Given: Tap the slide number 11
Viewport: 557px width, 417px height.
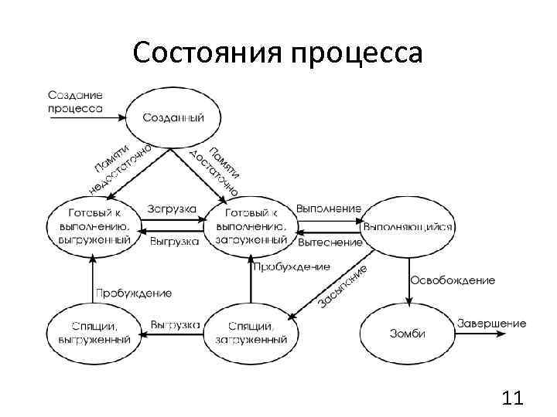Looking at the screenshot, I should pyautogui.click(x=512, y=398).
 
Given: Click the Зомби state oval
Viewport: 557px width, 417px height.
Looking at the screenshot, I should pyautogui.click(x=406, y=334).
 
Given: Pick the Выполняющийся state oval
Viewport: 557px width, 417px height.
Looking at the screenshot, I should pyautogui.click(x=408, y=226).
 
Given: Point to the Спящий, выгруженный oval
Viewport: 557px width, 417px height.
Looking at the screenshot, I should pyautogui.click(x=93, y=333).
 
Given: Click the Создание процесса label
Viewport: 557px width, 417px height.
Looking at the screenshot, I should pyautogui.click(x=75, y=102).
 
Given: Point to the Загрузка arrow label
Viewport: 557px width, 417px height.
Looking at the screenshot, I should pyautogui.click(x=172, y=209).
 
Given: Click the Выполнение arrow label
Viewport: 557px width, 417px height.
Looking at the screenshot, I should pyautogui.click(x=329, y=208).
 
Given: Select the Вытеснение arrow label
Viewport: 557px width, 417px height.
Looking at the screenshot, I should pyautogui.click(x=330, y=242).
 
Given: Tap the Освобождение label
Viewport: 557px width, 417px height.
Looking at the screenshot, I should pyautogui.click(x=453, y=280).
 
